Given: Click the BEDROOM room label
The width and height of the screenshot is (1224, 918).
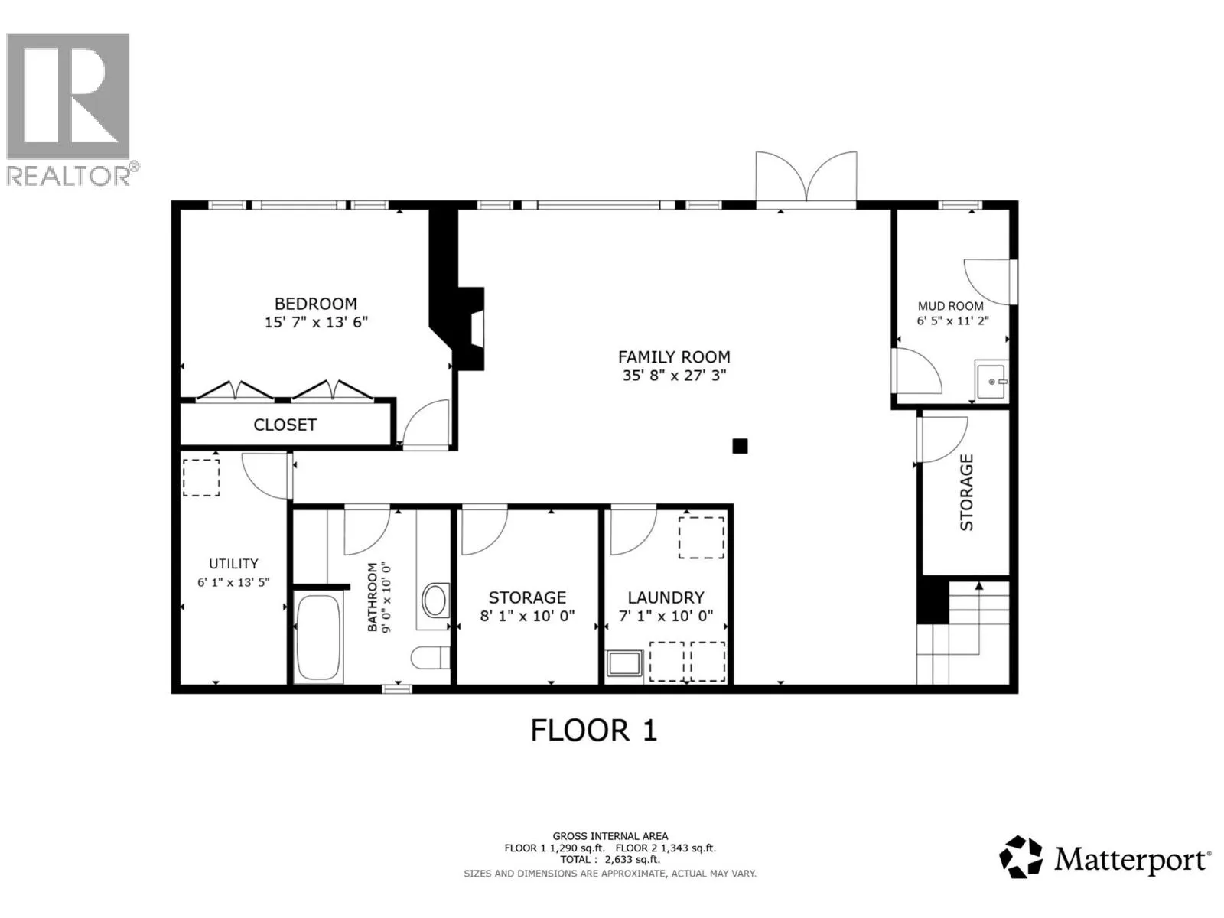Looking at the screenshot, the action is point(316,304).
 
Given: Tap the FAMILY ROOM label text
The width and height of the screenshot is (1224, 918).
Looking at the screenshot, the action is point(674,356).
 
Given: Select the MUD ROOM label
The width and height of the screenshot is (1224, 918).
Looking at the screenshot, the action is point(951,306).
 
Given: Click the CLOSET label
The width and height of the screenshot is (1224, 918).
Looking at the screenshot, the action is point(285,425).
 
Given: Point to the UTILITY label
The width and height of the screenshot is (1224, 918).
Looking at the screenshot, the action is point(233,564).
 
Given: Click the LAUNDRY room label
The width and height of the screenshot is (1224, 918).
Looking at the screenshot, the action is point(666,597).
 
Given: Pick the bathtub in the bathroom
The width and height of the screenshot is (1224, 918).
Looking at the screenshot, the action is point(317,639).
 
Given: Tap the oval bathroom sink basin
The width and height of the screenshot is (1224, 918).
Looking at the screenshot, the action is point(435,601).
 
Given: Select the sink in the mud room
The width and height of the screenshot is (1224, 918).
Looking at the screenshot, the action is point(991,381).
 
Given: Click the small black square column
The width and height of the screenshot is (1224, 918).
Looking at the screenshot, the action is point(740,446).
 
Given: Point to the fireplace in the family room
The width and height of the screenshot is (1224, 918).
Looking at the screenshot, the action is point(470,329).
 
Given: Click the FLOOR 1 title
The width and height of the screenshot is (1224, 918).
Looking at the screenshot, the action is point(594,730).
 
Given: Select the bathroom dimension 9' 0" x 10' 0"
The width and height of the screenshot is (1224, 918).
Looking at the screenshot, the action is point(385,597).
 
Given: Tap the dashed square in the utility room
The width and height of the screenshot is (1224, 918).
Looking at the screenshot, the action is point(201,477).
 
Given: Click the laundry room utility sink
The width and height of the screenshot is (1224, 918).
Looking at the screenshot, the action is point(624,663).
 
